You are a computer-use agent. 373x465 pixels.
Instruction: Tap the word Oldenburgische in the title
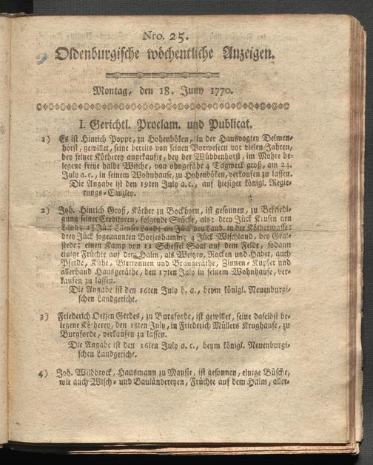pyautogui.click(x=103, y=54)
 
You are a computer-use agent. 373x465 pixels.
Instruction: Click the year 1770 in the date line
pyautogui.click(x=220, y=92)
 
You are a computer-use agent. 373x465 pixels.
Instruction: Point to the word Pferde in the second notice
pyautogui.click(x=73, y=271)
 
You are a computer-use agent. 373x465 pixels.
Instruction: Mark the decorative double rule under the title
pyautogui.click(x=175, y=75)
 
